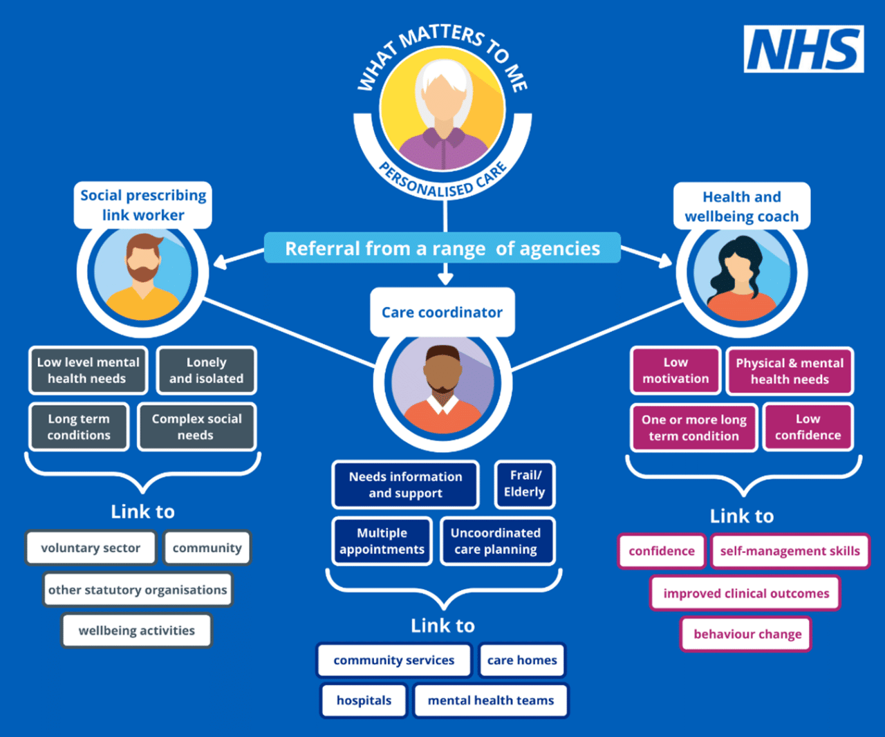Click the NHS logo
point(803,49)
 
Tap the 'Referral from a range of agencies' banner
point(442,248)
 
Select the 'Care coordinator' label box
point(442,312)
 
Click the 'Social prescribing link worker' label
point(143,205)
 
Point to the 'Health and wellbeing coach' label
point(741,207)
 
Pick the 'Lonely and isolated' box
point(206,371)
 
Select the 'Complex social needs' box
point(196,427)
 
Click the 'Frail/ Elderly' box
point(524,484)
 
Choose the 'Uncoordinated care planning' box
point(496,541)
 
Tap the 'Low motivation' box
point(676,371)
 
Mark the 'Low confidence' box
point(808,427)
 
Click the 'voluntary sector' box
point(91,548)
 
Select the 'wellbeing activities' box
point(136,631)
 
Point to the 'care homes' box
point(522,660)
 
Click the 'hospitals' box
point(364,700)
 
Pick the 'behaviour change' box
point(747,634)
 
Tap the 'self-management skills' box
point(790,551)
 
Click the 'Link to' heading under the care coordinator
point(442,626)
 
